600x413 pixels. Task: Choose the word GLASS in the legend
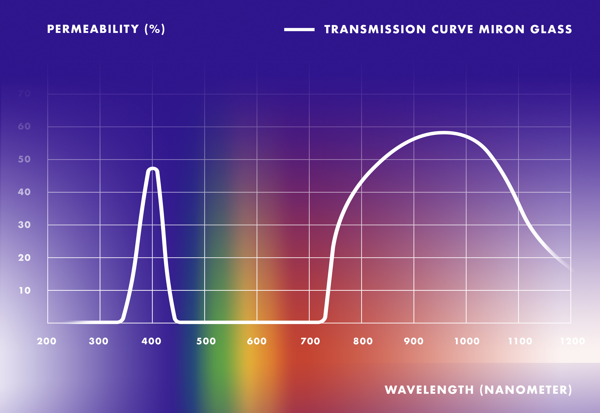click(x=551, y=29)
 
